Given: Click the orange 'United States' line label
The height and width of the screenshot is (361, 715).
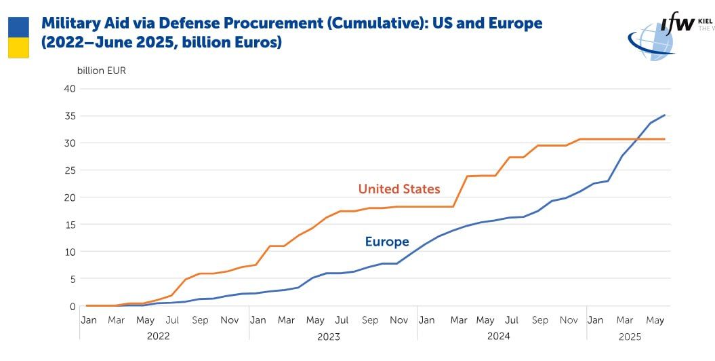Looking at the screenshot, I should tap(399, 189).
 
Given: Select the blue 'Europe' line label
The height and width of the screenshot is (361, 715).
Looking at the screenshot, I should tap(387, 242).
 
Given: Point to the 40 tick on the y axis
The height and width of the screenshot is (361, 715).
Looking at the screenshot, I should tap(69, 89).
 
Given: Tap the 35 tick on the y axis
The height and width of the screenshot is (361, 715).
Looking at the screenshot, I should tap(69, 116).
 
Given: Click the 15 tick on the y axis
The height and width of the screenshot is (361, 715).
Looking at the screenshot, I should tap(69, 225).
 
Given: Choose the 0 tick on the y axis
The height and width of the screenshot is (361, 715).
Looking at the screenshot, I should tap(72, 306).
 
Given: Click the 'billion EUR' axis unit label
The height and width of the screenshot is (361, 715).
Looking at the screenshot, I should tap(101, 71).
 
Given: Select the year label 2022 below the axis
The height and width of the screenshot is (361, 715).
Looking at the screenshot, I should tap(158, 336).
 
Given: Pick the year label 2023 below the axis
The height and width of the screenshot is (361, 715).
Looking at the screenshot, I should tap(328, 336).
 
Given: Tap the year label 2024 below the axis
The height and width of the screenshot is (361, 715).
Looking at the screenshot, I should tap(497, 336).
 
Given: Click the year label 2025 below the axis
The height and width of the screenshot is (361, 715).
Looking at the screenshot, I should tap(630, 336).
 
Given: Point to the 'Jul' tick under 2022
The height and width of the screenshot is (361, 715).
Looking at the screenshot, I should tap(173, 320).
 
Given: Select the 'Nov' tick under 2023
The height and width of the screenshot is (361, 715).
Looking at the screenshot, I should tap(399, 320).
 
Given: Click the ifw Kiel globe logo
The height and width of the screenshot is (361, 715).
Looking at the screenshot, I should tap(651, 41).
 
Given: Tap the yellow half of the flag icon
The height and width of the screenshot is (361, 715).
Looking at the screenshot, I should tap(18, 47).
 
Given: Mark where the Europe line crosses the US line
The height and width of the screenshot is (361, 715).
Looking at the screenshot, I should tap(637, 139).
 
